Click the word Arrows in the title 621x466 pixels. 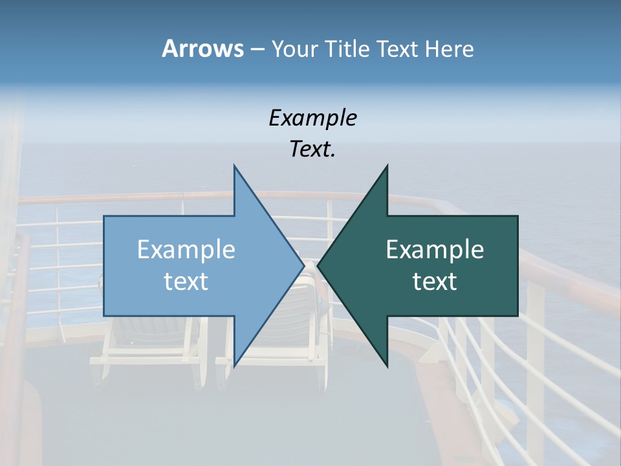coord(202,49)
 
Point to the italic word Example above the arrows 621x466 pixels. coord(312,118)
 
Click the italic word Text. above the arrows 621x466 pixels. coord(312,150)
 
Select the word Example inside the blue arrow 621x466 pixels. coord(186,249)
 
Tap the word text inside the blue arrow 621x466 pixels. coord(186,282)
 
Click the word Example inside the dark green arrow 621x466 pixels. coord(435,249)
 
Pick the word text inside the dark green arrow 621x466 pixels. coord(435,282)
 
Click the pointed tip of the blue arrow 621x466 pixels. coord(303,266)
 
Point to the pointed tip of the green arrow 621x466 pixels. coord(319,266)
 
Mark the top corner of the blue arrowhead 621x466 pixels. coord(234,166)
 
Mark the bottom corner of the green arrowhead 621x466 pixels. coord(387,366)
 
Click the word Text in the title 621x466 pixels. coord(397,49)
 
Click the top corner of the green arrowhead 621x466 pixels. coord(387,166)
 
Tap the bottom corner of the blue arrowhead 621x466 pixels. coord(234,366)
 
